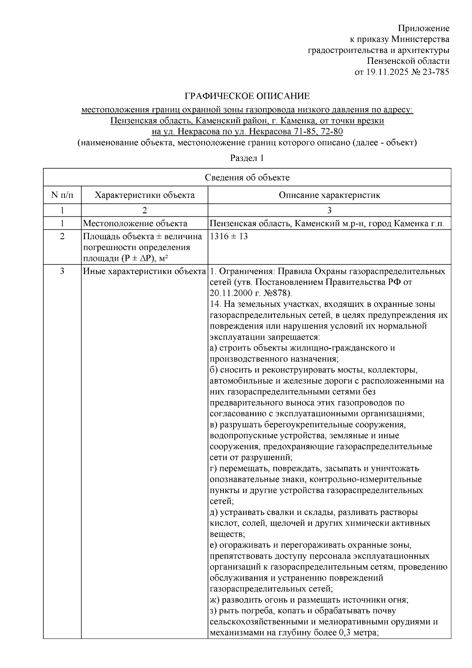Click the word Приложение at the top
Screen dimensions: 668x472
tap(424, 28)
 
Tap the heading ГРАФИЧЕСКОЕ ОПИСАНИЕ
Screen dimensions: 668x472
tap(247, 96)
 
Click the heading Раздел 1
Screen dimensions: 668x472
tap(247, 158)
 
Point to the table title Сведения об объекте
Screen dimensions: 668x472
tap(247, 177)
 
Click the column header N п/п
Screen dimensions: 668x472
tap(62, 195)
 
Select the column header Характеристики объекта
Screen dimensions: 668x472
tap(145, 195)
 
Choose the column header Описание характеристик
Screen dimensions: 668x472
tap(329, 195)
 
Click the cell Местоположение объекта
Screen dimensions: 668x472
tap(135, 224)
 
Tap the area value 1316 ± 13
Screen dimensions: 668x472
tap(229, 236)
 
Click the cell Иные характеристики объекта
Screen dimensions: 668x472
tap(144, 271)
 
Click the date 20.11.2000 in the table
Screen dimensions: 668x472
tap(230, 293)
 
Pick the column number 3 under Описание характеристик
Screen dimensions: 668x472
tap(329, 210)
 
